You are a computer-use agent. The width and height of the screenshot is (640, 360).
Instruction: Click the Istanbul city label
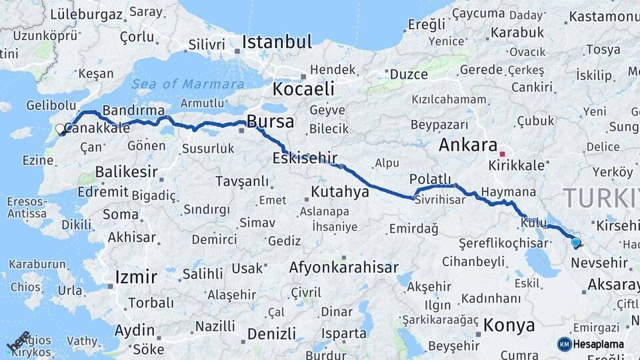pyautogui.click(x=277, y=42)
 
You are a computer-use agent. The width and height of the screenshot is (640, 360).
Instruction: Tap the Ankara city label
pyautogui.click(x=468, y=145)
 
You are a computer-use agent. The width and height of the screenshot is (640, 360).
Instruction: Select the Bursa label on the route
pyautogui.click(x=270, y=121)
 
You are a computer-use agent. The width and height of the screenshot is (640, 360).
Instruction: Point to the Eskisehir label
pyautogui.click(x=305, y=158)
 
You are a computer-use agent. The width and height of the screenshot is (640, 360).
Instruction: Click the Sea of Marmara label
pyautogui.click(x=187, y=84)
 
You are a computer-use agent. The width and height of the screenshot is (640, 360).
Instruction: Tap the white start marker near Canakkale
pyautogui.click(x=60, y=129)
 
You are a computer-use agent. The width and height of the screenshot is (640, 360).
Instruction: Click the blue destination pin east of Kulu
pyautogui.click(x=575, y=243)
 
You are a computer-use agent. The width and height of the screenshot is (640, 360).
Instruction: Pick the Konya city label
pyautogui.click(x=509, y=325)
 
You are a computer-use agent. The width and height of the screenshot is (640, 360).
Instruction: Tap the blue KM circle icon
pyautogui.click(x=564, y=344)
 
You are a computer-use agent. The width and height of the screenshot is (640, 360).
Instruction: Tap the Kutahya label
pyautogui.click(x=340, y=192)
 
